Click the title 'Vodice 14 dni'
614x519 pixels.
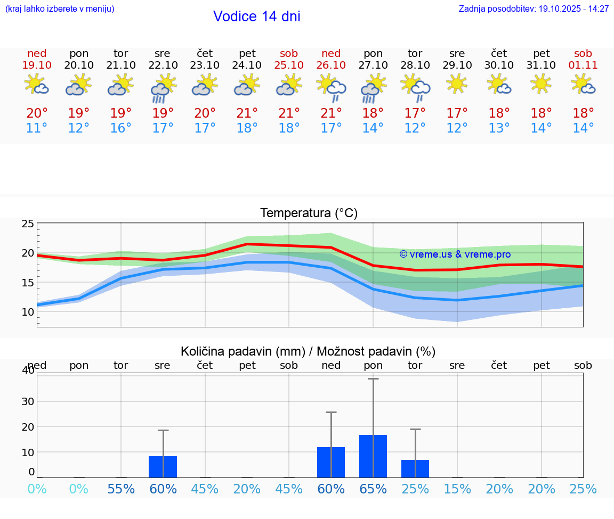coord(256,17)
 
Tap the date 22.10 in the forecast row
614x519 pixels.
coord(163,65)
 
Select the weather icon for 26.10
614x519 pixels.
coord(331,87)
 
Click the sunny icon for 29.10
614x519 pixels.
coord(457,84)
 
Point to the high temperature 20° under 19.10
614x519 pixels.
coord(37,113)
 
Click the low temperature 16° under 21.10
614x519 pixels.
coord(121,128)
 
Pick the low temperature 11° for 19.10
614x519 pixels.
coord(37,128)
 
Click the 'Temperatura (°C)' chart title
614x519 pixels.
coord(309,213)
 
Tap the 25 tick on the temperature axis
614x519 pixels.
coord(28,224)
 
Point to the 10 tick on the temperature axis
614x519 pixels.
coord(28,312)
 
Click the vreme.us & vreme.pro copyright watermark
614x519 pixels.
coord(455,254)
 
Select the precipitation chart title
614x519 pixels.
coord(308,351)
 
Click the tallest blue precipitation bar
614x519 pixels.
coord(373,456)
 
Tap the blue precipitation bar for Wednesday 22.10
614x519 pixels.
coord(163,467)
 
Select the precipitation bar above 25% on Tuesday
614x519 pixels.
coord(415,468)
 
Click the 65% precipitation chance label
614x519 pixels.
coord(373,489)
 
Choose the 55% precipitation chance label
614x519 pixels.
coord(121,489)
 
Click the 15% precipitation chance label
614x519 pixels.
coord(457,489)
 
